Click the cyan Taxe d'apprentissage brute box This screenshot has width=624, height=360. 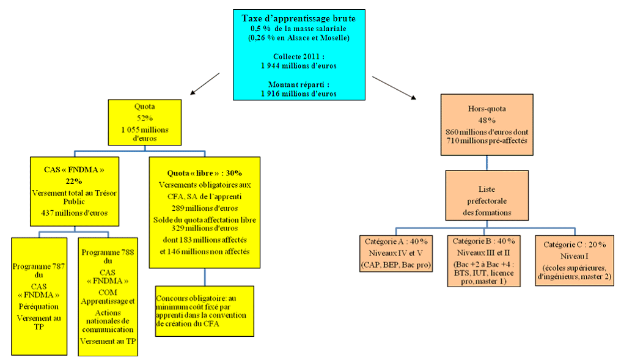pyautogui.click(x=298, y=54)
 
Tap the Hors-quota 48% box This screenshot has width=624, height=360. pyautogui.click(x=486, y=125)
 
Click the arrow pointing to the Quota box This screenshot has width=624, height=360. pyautogui.click(x=205, y=84)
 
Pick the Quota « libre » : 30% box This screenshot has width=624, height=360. pyautogui.click(x=204, y=212)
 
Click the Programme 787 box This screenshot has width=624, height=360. pyautogui.click(x=39, y=296)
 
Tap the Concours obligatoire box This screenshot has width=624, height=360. pyautogui.click(x=204, y=310)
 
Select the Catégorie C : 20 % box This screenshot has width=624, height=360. pyautogui.click(x=573, y=260)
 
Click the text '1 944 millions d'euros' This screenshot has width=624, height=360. pyautogui.click(x=298, y=65)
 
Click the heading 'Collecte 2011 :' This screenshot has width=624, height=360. pyautogui.click(x=298, y=56)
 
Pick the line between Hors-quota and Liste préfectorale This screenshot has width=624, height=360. pyautogui.click(x=486, y=162)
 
